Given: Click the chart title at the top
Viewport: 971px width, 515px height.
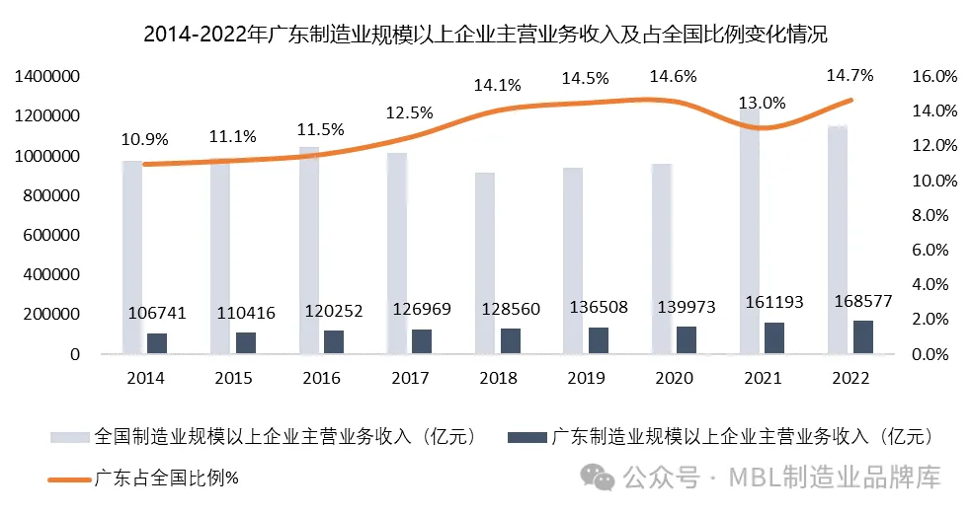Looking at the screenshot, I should click(x=485, y=36).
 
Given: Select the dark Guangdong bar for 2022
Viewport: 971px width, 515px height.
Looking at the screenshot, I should click(x=862, y=336).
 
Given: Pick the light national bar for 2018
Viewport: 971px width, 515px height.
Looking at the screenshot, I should click(x=485, y=262).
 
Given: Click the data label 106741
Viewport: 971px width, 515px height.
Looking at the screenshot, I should click(x=158, y=313).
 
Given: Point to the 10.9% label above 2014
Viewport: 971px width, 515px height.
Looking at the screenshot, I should click(x=144, y=139).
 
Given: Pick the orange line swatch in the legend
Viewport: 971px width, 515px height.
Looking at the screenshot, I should click(x=69, y=479).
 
